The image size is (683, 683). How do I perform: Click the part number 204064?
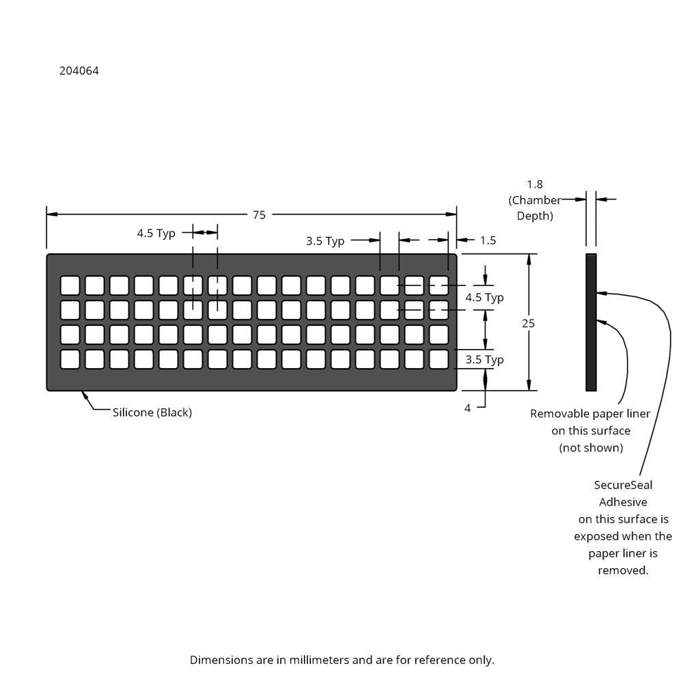pos(79,70)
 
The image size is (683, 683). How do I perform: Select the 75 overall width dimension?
pos(259,214)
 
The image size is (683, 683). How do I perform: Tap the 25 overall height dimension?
pos(528,323)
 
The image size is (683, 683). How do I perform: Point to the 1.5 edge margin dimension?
pos(488,240)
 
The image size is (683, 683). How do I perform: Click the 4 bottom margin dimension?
pos(467,408)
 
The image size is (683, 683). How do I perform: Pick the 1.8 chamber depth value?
pos(535,184)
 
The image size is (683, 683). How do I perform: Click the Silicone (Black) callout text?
pos(152,413)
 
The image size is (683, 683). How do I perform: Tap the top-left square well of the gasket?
pos(70,285)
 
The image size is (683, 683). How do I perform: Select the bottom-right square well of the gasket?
pos(438,359)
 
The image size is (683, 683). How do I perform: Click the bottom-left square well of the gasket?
pos(70,359)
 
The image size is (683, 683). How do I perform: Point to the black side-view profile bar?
pos(591,322)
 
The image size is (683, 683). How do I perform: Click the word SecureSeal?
pos(623,485)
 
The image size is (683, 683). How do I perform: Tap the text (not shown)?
pos(591,448)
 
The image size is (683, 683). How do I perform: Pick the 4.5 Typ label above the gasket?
pos(156,234)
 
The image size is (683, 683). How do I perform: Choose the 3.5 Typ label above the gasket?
pos(325,241)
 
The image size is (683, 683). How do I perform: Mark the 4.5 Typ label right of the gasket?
pos(484,298)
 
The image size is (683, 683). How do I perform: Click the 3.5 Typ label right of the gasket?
pos(484,360)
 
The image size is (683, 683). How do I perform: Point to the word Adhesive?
pos(623,502)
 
